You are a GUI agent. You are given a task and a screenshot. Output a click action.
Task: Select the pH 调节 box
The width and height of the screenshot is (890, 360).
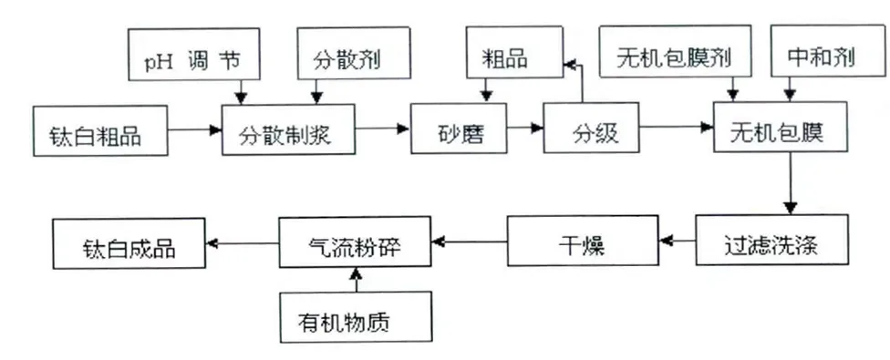tap(192, 59)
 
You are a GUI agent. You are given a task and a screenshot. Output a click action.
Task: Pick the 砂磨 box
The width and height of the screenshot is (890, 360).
tap(458, 132)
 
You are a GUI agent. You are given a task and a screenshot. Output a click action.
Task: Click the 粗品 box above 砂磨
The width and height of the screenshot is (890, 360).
tap(511, 59)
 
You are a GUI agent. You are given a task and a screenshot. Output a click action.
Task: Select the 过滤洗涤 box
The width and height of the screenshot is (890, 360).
tap(773, 243)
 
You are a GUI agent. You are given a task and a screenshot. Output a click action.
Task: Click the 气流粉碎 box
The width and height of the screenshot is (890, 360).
tap(355, 243)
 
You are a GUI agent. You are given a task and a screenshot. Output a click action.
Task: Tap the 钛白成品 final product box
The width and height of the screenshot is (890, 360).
tap(128, 243)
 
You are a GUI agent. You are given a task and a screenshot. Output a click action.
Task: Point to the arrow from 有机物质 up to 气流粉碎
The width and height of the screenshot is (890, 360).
tap(357, 281)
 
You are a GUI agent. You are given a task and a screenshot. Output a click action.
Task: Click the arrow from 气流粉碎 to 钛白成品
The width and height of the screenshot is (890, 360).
tap(242, 242)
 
